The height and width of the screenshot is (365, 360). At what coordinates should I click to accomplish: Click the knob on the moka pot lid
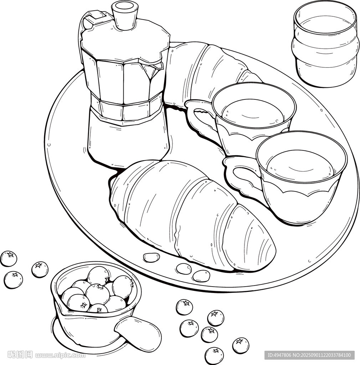coord(125,15)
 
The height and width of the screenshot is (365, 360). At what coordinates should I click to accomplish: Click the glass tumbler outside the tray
coord(325,44)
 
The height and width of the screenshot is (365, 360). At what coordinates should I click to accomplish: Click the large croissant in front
coord(191,214)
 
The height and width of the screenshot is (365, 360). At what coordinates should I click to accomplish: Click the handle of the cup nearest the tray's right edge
coord(242,176)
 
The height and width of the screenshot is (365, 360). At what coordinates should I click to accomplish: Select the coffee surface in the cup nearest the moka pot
coord(253,113)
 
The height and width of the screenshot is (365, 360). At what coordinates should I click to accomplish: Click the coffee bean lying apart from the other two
coord(151,257)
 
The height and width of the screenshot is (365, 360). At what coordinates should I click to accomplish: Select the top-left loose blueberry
coord(9,258)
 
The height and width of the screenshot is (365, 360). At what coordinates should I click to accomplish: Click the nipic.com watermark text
coord(60,355)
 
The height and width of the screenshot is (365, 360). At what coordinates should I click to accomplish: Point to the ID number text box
coord(309,355)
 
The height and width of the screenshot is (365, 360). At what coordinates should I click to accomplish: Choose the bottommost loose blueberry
coord(214,356)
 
